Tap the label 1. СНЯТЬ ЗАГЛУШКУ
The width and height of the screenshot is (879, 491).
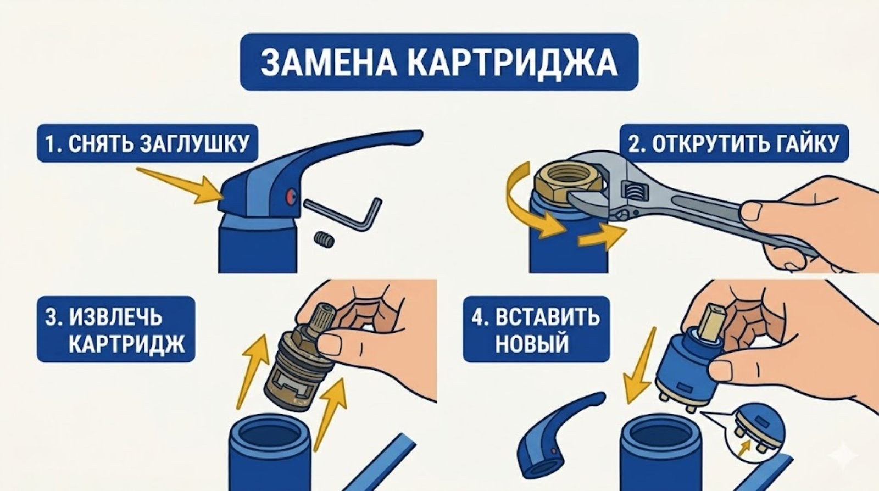(147, 144)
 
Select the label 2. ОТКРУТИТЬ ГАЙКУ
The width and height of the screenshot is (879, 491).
(734, 144)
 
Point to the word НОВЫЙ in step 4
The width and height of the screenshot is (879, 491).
(532, 344)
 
